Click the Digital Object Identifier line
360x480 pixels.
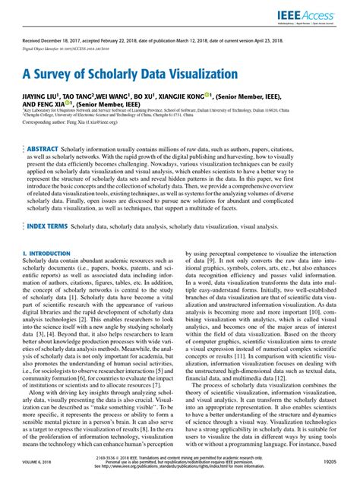[x=76, y=55]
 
